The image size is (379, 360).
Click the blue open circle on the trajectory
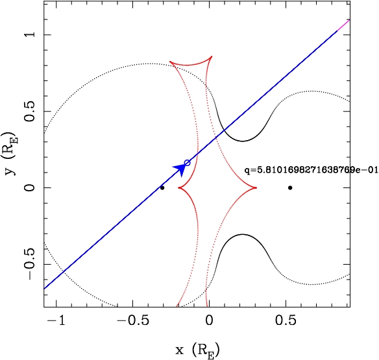tap(188, 163)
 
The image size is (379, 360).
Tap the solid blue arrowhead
tap(180, 169)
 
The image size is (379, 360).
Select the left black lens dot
tap(162, 187)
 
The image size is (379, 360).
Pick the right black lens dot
tap(290, 187)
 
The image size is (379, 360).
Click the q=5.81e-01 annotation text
tap(311, 170)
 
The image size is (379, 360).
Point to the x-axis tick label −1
tap(56, 320)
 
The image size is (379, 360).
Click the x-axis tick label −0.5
tap(132, 320)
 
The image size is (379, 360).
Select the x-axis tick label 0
tap(210, 320)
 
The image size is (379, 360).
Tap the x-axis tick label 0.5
tap(286, 320)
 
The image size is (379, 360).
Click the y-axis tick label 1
tap(31, 34)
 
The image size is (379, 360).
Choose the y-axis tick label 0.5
tap(31, 111)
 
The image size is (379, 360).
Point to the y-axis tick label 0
tap(31, 187)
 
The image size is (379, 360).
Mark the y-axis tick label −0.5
tap(31, 264)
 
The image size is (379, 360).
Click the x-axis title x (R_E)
tap(198, 350)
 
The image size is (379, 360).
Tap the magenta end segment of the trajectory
tap(343, 25)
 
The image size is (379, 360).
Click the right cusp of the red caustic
tap(256, 187)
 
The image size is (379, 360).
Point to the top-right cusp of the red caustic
tap(212, 56)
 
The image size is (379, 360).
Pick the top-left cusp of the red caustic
tap(170, 62)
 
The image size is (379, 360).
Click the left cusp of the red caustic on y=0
tap(178, 187)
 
